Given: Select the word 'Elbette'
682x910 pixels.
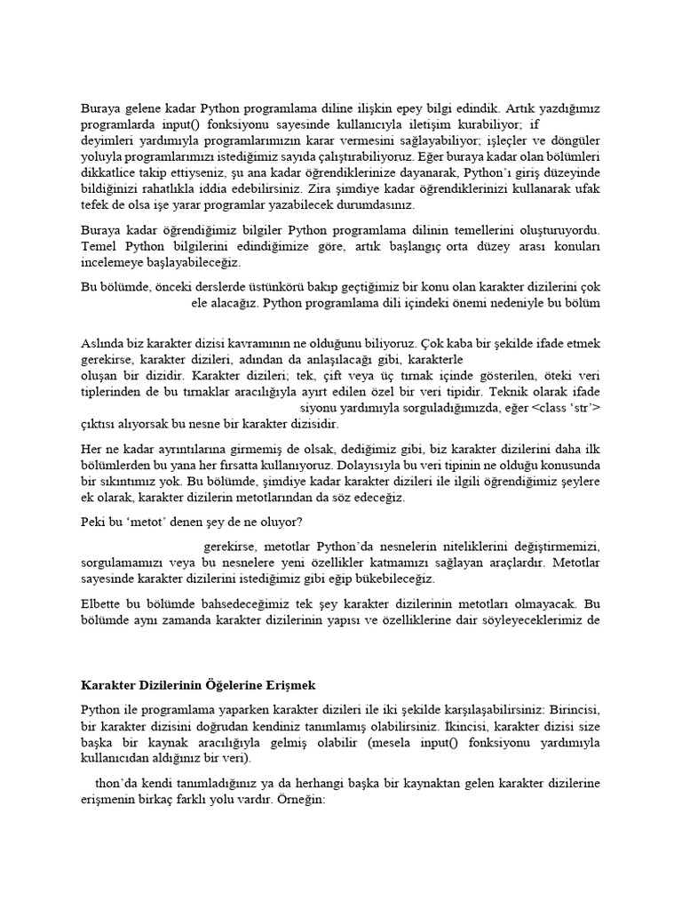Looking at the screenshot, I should tap(101, 604).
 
